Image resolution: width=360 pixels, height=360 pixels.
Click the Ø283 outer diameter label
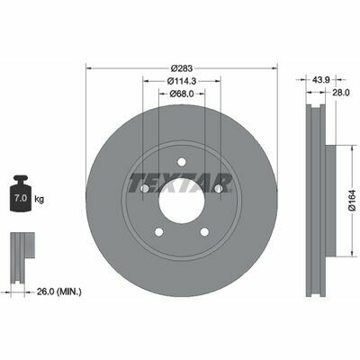(x=182, y=68)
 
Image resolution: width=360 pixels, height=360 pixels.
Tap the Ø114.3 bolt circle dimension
(x=182, y=81)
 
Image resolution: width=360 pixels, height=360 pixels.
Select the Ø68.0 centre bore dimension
(x=182, y=94)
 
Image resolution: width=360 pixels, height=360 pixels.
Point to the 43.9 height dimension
(x=321, y=80)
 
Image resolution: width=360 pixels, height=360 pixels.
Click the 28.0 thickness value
(x=340, y=93)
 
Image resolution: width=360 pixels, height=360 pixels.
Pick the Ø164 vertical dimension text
(x=353, y=201)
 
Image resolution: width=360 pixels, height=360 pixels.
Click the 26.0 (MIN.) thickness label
(x=59, y=292)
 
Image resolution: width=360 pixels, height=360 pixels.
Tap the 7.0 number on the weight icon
(x=21, y=198)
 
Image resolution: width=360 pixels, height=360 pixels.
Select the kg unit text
(x=39, y=199)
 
